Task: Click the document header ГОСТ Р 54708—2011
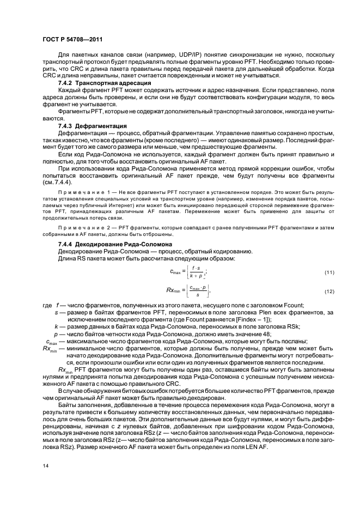click(x=72, y=39)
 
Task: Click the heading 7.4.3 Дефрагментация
click(x=89, y=125)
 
